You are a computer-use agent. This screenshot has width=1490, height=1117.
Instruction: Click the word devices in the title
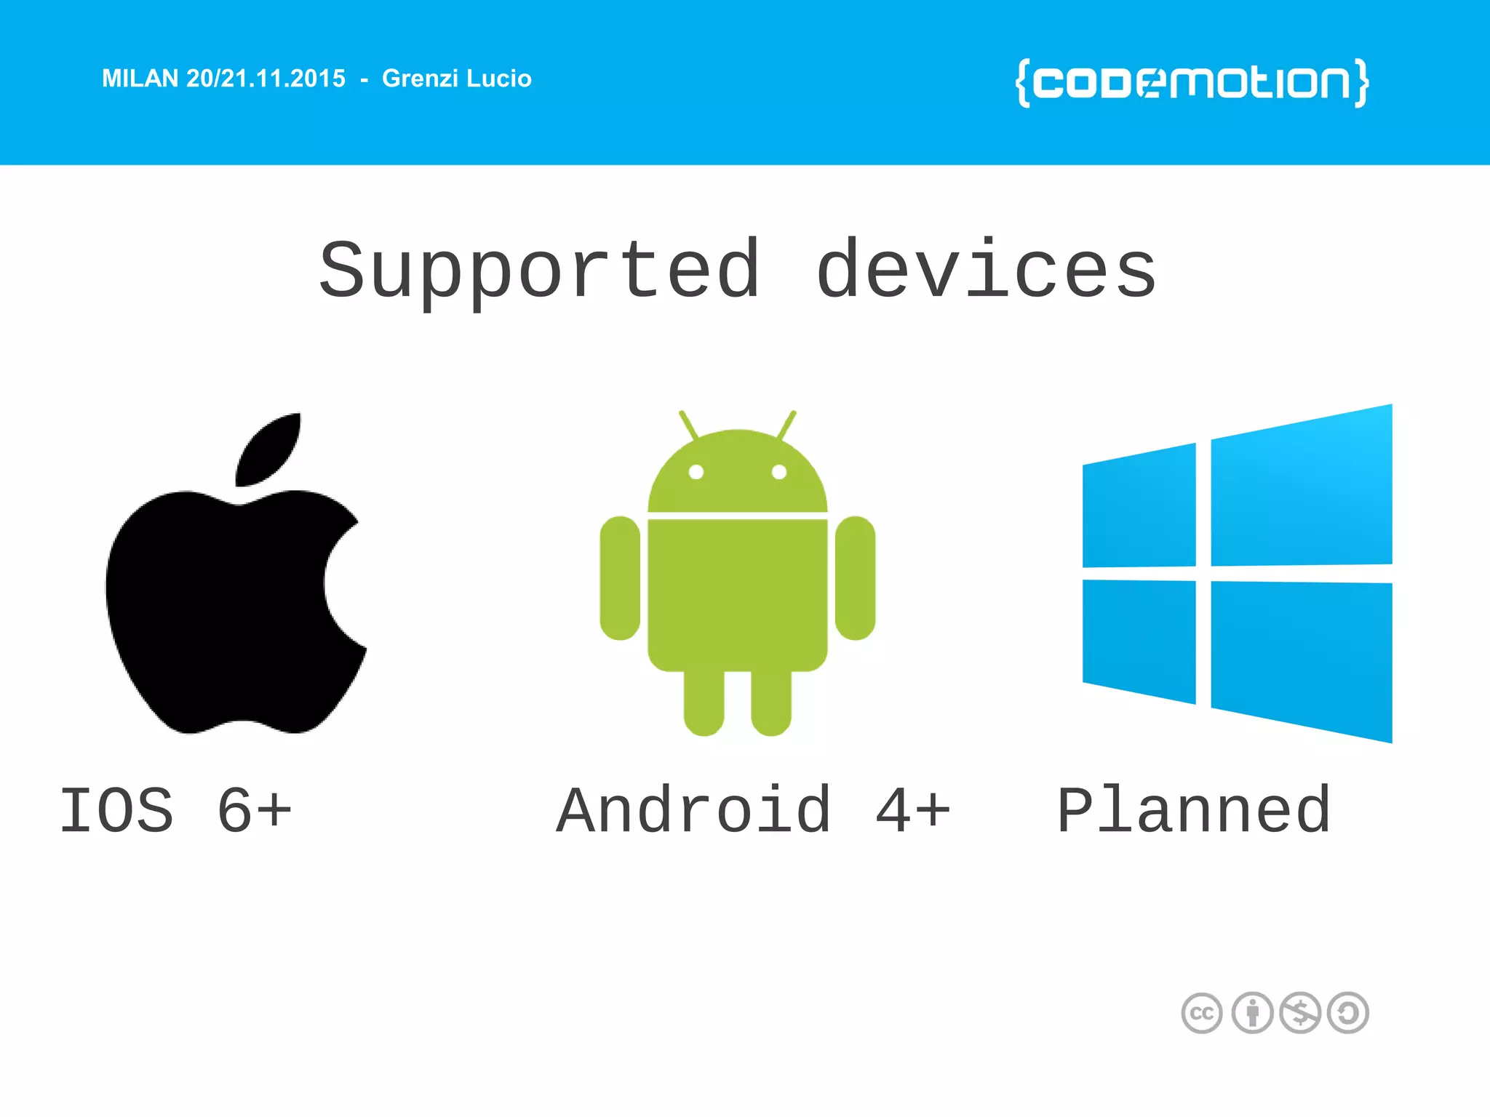click(x=986, y=271)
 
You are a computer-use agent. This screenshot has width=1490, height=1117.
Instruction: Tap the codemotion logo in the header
click(x=1192, y=83)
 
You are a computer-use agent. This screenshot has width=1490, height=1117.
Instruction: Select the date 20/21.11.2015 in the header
click(x=266, y=79)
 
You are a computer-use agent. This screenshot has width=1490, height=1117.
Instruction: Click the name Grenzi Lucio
click(x=457, y=79)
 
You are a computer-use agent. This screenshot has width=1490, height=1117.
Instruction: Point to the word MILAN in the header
click(x=140, y=79)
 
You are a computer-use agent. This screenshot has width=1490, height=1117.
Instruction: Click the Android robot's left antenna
click(x=688, y=424)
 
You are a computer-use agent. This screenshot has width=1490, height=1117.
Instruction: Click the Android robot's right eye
click(x=779, y=472)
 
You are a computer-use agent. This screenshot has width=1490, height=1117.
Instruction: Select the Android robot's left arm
click(x=620, y=578)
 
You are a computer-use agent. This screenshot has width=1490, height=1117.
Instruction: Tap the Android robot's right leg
click(x=771, y=702)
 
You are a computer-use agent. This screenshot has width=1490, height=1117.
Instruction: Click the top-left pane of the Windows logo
click(x=1139, y=506)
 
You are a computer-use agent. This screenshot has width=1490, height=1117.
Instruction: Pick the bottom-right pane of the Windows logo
click(x=1301, y=658)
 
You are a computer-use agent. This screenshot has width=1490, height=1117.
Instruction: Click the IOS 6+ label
click(x=175, y=810)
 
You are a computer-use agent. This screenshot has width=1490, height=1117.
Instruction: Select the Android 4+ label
click(x=753, y=810)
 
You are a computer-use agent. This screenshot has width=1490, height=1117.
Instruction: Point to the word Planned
click(x=1194, y=810)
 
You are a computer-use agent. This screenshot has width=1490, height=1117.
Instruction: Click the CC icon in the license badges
click(x=1202, y=1013)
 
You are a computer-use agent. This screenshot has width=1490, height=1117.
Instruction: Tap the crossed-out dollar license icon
click(x=1300, y=1013)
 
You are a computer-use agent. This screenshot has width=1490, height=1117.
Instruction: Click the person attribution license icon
click(x=1252, y=1013)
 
